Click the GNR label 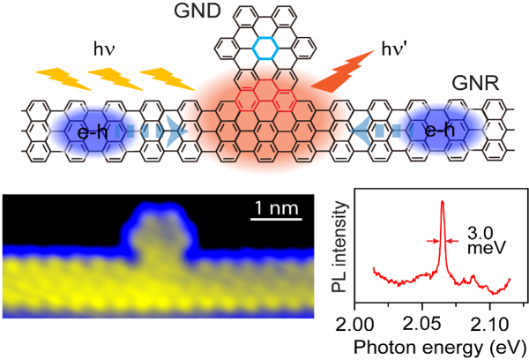475,83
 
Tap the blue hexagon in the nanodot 265,49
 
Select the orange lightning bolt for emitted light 342,71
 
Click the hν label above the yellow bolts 104,49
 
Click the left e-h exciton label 93,132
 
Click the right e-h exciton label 440,130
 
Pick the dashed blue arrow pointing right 152,131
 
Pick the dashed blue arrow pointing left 381,131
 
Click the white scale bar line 276,220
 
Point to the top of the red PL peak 443,201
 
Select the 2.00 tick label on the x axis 354,326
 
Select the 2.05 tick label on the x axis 421,326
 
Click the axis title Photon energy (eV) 440,348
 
